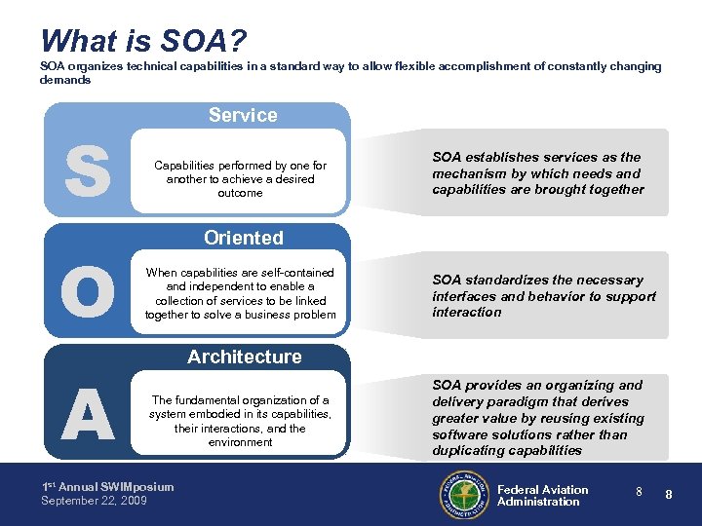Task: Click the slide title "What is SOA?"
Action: pos(143,41)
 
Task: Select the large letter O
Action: pos(87,291)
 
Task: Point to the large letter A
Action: pos(87,414)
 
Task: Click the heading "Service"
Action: pos(243,115)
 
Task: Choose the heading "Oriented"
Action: pos(243,238)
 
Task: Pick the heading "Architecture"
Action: pos(244,357)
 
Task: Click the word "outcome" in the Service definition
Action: pos(240,193)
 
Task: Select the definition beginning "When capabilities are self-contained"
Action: pos(240,293)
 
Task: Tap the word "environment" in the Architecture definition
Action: pos(240,442)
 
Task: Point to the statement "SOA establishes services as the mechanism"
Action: pos(538,173)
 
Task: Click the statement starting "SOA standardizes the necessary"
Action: pos(544,296)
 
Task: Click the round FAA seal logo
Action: pos(463,495)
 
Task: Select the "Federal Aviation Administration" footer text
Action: pos(542,496)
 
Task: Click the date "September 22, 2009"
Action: pos(94,501)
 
